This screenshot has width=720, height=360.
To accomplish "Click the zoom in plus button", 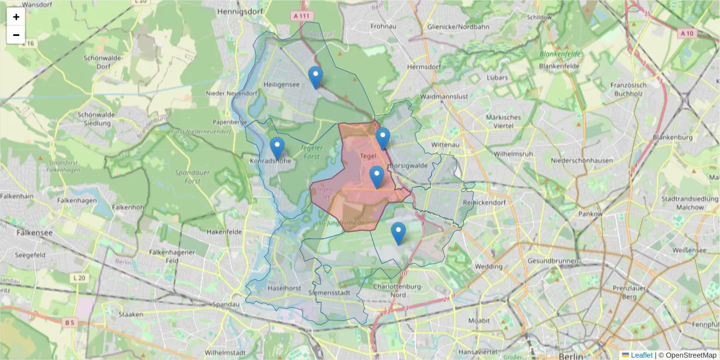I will pos(16,17).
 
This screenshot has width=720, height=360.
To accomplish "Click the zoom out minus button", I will pos(16,35).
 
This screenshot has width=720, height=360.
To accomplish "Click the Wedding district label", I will pos(488,266).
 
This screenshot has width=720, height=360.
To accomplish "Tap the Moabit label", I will pos(479,320).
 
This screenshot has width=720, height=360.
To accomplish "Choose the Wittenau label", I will pos(445,145).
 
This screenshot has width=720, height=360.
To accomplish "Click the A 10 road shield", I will pos(688,34).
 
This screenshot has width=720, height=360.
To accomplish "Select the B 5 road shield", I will pos(70,323).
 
